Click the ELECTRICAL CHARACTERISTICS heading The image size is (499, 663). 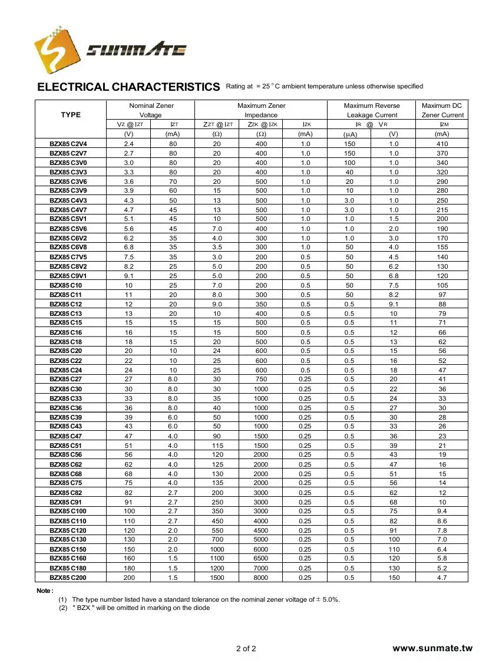point(128,87)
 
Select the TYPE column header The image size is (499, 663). point(71,114)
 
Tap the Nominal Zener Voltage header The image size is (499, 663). point(150,110)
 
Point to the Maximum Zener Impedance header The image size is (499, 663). point(261,110)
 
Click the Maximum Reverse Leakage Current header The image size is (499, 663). point(372,110)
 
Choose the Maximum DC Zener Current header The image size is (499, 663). point(442,110)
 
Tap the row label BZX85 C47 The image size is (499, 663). point(65,436)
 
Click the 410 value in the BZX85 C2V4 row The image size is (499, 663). point(442,144)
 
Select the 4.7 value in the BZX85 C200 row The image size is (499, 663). point(442,578)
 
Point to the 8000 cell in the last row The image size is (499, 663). point(260,578)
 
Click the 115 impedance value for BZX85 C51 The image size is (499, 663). point(217,446)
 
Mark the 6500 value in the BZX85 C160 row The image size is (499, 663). point(260,558)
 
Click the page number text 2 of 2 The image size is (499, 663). point(246,649)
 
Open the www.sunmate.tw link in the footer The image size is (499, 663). point(432,648)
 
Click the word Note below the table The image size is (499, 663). point(45,590)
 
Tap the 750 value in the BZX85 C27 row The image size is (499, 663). point(260,380)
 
